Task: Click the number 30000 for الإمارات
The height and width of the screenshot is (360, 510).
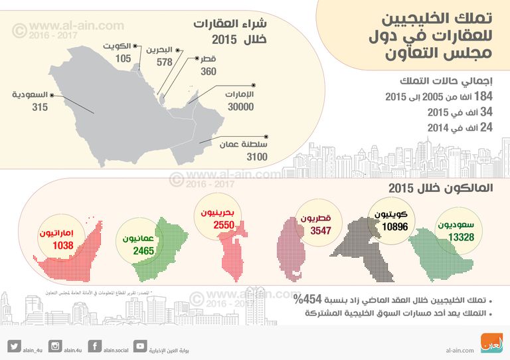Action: coord(240,106)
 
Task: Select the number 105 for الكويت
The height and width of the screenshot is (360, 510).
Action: coord(123,58)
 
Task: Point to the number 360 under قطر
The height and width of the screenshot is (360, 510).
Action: coord(208,71)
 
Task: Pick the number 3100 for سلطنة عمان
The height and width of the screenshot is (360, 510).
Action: coord(256,157)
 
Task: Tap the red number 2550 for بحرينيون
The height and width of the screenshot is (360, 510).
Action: coord(222,226)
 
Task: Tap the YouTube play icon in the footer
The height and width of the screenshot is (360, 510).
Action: coord(140,346)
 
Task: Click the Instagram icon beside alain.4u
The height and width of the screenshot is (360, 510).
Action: coord(56,346)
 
